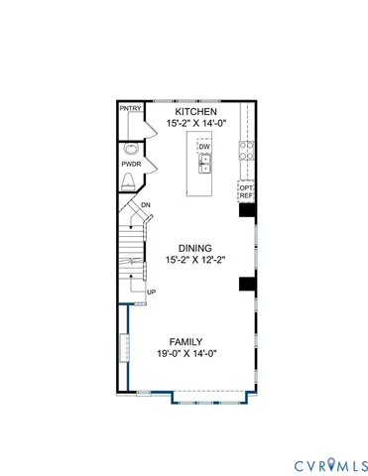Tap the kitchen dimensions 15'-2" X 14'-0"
(196, 125)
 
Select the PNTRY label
(129, 108)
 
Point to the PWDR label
(131, 163)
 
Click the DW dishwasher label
(204, 148)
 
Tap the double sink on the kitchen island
(204, 168)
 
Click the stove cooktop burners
(247, 153)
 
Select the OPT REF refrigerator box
(247, 190)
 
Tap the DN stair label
(145, 205)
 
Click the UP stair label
(151, 292)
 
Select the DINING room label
(196, 248)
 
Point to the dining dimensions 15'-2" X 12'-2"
(196, 261)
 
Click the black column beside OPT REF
(247, 209)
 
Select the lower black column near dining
(246, 285)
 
